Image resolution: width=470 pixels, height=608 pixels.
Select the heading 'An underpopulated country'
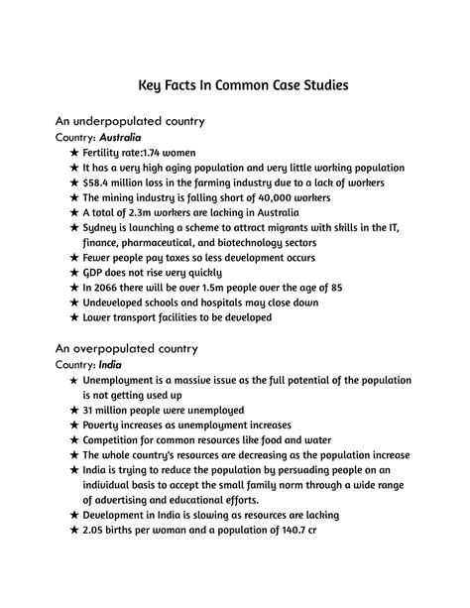click(130, 121)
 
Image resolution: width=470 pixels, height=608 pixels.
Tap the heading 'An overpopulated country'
click(127, 348)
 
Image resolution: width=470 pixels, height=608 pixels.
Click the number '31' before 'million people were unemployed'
click(88, 410)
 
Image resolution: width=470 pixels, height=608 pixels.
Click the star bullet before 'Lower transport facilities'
click(74, 318)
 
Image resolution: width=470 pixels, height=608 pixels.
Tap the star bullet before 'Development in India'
click(74, 515)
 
